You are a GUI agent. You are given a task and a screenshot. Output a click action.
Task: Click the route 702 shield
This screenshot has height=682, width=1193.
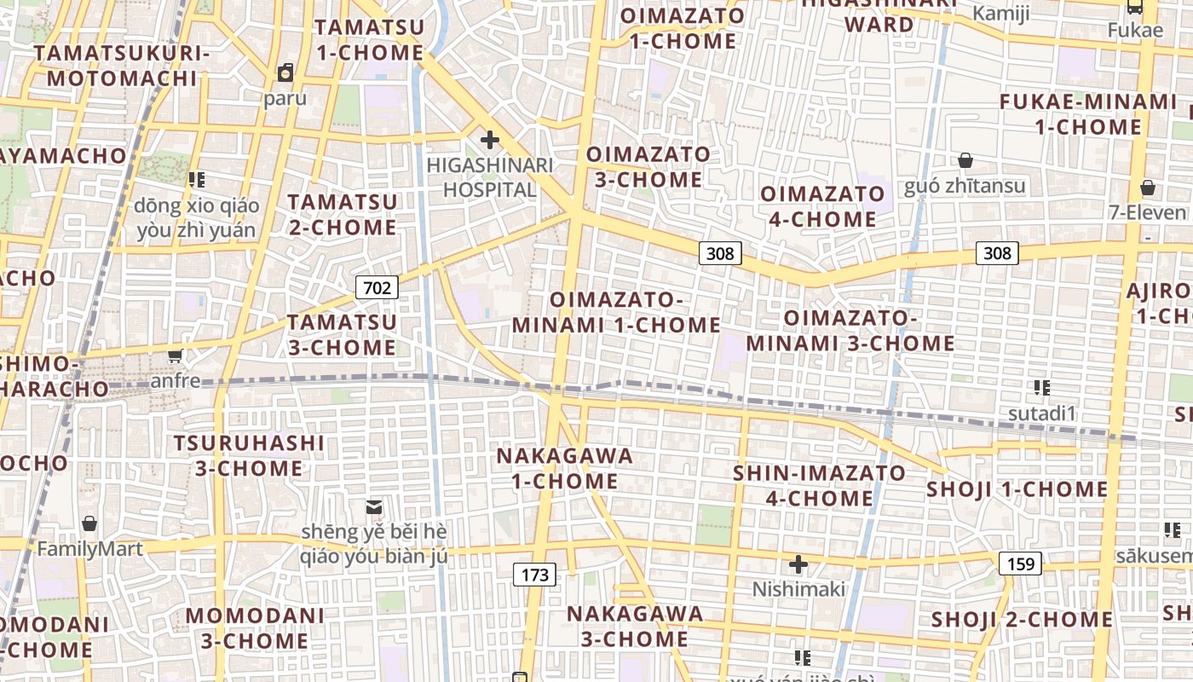[x=377, y=287]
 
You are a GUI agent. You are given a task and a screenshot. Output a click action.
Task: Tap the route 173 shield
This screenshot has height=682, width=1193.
[x=534, y=575]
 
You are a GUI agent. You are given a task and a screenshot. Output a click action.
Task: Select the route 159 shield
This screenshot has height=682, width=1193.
[x=1020, y=564]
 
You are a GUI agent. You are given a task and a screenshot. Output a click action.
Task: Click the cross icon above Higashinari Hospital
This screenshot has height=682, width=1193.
[x=490, y=139]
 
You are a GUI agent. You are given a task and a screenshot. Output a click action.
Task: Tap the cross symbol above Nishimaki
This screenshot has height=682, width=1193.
[x=798, y=564]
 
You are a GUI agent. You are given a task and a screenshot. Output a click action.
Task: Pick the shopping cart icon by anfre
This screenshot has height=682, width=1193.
[x=176, y=355]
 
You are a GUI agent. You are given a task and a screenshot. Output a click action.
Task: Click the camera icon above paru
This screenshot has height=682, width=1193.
[x=285, y=72]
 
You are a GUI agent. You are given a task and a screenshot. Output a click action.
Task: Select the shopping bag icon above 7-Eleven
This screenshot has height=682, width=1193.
[x=1148, y=188]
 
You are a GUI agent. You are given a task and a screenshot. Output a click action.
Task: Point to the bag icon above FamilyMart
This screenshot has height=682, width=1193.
[x=89, y=523]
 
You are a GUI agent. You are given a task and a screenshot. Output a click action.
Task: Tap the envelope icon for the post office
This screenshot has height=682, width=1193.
[x=373, y=507]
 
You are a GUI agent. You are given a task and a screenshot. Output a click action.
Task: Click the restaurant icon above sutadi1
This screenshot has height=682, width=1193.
[x=1041, y=389]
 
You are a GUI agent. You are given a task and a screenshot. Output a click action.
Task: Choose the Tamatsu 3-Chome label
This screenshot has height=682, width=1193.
[x=342, y=335]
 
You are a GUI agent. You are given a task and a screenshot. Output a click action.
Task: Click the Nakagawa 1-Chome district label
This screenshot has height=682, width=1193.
[x=565, y=468]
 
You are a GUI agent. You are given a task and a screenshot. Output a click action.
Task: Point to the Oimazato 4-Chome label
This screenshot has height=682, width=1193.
[x=822, y=206]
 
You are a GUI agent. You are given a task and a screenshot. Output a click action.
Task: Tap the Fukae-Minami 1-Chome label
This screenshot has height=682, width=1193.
[x=1088, y=114]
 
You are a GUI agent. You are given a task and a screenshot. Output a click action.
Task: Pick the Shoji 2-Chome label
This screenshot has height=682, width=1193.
[x=1022, y=620]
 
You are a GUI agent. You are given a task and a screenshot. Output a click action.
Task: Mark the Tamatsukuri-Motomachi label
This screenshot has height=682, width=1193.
[x=122, y=66]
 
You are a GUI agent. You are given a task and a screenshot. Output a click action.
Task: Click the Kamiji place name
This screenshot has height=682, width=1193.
[x=1001, y=13]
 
